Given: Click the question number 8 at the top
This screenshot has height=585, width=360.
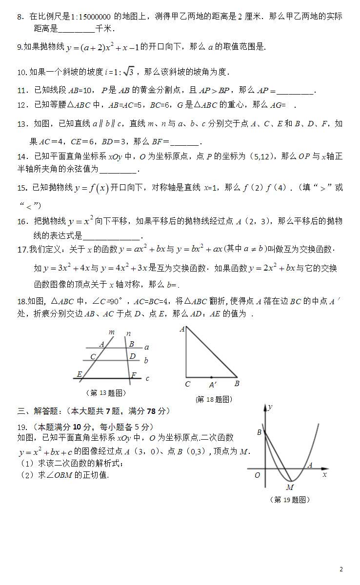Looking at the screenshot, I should pos(20,17).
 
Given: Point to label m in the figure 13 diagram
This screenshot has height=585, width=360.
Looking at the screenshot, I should pos(111,333).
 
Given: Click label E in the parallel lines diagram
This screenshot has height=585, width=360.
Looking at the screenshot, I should pos(79,374).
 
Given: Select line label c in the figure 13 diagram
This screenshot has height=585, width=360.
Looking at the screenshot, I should pos(147,378).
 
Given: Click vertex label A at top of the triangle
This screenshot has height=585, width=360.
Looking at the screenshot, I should pos(182,330).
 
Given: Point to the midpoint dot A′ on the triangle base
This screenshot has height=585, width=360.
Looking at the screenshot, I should pos(211,377).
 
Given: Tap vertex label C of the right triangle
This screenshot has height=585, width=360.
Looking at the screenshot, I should pos(187,384).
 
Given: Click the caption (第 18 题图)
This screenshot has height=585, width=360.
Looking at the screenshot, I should pos(214,399).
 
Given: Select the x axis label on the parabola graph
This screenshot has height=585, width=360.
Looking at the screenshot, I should pos(324,474).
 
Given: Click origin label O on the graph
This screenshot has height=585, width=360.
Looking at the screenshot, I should pos(257,475).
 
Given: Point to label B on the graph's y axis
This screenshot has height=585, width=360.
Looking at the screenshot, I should pos(260,432).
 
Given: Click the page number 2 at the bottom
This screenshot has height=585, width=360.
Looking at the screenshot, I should pos(341,569).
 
